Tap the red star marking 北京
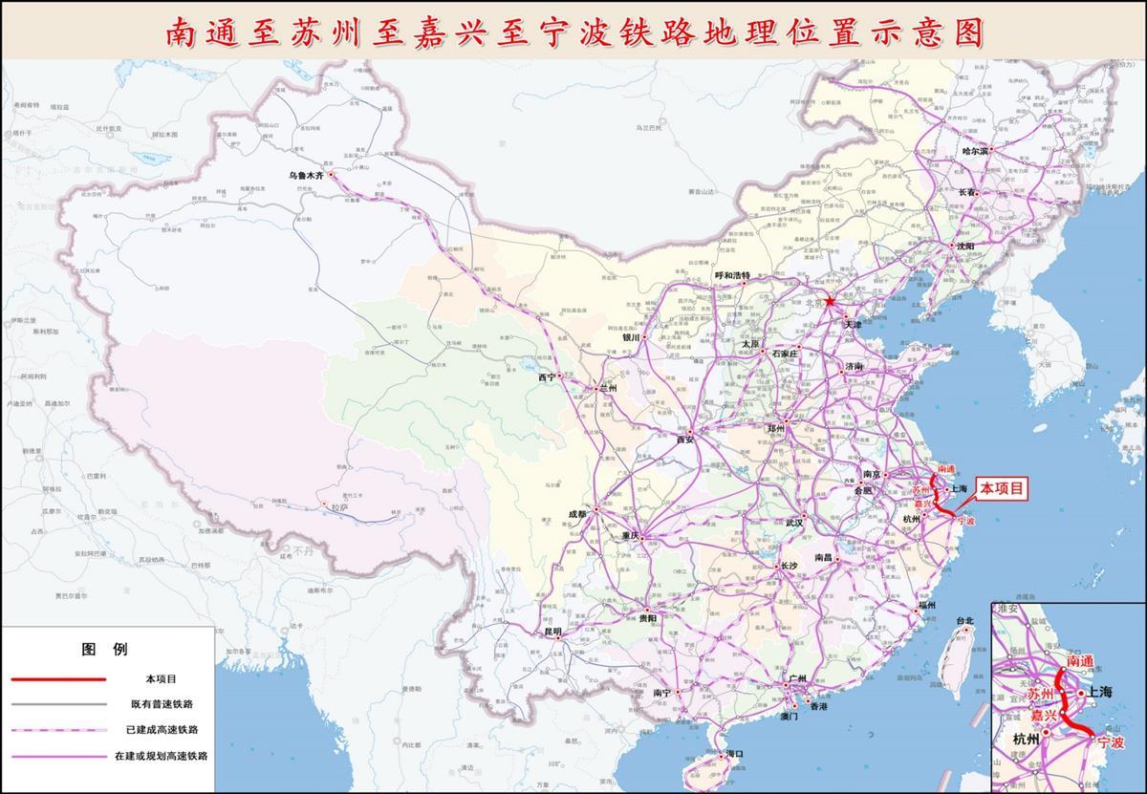pos(830,302)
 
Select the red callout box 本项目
pos(1003,489)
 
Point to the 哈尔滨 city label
pos(980,152)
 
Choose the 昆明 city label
pos(553,632)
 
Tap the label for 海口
pos(734,754)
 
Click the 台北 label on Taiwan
pos(964,621)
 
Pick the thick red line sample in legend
pos(58,678)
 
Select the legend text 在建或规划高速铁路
pos(162,755)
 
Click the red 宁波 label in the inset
pos(1111,741)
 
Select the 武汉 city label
pos(794,523)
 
